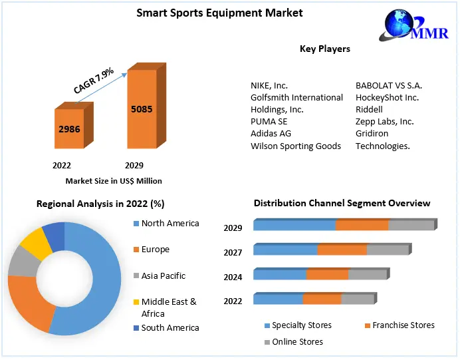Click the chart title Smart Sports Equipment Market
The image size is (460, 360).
(x=219, y=13)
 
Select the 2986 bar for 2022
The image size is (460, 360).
(x=69, y=128)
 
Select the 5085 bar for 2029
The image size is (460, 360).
(x=142, y=108)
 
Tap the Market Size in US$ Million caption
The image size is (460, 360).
(x=114, y=180)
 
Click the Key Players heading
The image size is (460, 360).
(x=324, y=49)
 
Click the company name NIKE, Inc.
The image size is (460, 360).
(x=269, y=85)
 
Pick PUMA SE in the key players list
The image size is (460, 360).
(x=269, y=121)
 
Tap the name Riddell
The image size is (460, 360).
(x=369, y=109)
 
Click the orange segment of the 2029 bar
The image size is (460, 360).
(x=362, y=226)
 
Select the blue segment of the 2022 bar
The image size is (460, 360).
(x=278, y=299)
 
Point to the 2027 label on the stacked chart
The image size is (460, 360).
(x=233, y=252)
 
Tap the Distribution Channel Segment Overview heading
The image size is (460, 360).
(x=342, y=203)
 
